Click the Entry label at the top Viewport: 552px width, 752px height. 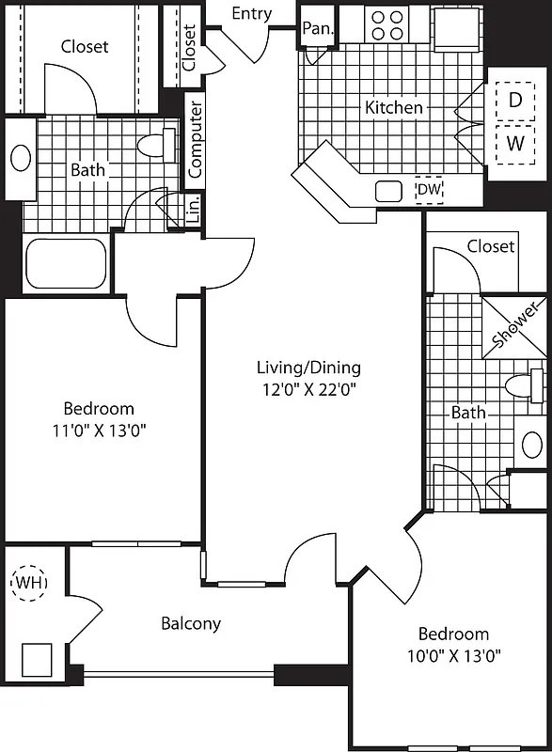[251, 13]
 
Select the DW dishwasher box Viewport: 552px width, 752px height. [429, 191]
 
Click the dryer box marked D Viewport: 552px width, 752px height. [514, 99]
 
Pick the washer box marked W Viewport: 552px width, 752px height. [514, 144]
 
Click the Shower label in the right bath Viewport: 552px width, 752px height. [516, 324]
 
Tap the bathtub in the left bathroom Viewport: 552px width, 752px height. [65, 263]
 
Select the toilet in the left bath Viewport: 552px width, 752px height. [156, 146]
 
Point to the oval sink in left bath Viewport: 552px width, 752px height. [20, 157]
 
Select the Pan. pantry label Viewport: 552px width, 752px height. [317, 28]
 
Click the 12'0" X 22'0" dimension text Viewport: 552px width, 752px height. [308, 387]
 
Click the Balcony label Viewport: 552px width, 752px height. [191, 623]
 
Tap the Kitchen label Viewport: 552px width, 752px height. [393, 107]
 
